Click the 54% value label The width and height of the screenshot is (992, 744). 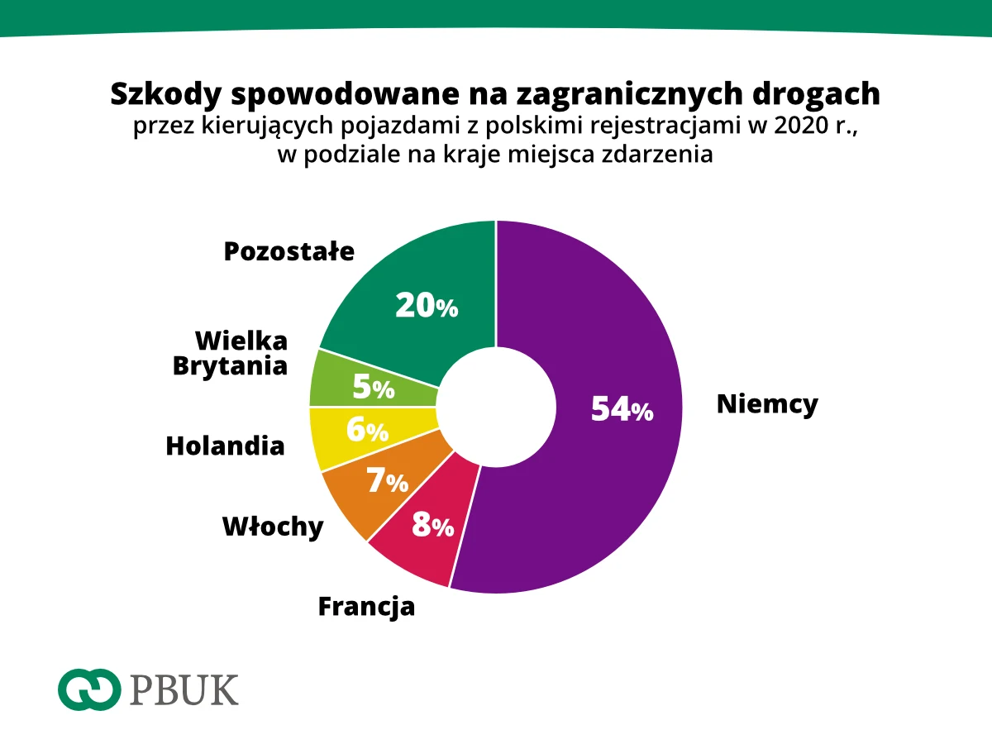pos(622,409)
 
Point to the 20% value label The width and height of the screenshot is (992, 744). pos(426,306)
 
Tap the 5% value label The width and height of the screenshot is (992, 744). pos(373,387)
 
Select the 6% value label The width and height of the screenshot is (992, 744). pos(367,430)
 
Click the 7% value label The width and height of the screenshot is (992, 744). pos(387,481)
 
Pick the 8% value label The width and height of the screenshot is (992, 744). pos(432,525)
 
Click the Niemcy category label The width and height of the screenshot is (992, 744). pos(766,404)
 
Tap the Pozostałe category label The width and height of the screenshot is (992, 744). pos(289,251)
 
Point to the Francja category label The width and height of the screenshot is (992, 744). pos(366,608)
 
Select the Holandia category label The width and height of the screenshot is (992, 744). pos(225,446)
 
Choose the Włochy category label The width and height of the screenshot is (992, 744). pos(273,527)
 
